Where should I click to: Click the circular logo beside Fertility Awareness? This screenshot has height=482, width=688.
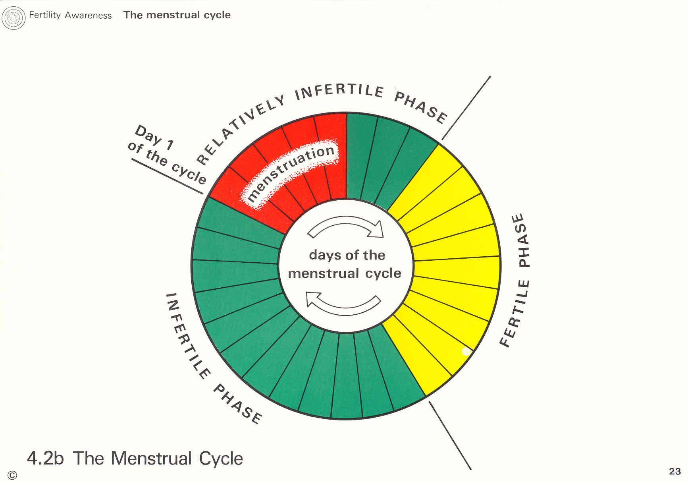point(13,18)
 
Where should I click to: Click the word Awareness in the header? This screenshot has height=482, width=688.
point(88,15)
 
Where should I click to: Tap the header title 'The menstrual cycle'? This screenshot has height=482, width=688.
point(177,15)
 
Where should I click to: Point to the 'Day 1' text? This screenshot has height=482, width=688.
point(154,137)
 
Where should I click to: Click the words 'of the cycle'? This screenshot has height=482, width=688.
point(167,163)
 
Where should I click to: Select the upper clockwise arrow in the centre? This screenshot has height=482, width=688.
point(346,227)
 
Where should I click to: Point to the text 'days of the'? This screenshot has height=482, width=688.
point(347,255)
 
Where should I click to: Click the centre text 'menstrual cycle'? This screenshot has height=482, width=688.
point(345,273)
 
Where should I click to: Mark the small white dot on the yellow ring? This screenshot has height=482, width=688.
point(466,351)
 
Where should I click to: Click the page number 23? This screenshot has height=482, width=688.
point(675,471)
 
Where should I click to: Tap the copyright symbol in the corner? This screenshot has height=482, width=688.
point(12,475)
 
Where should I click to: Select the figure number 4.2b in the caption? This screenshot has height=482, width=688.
point(45,458)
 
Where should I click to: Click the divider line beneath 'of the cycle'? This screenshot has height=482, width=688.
point(167,176)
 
